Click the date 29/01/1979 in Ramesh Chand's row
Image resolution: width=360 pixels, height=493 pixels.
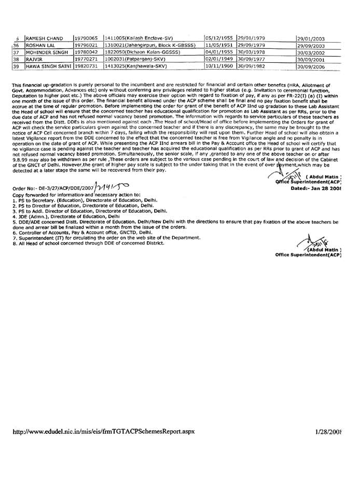pos(251,38)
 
